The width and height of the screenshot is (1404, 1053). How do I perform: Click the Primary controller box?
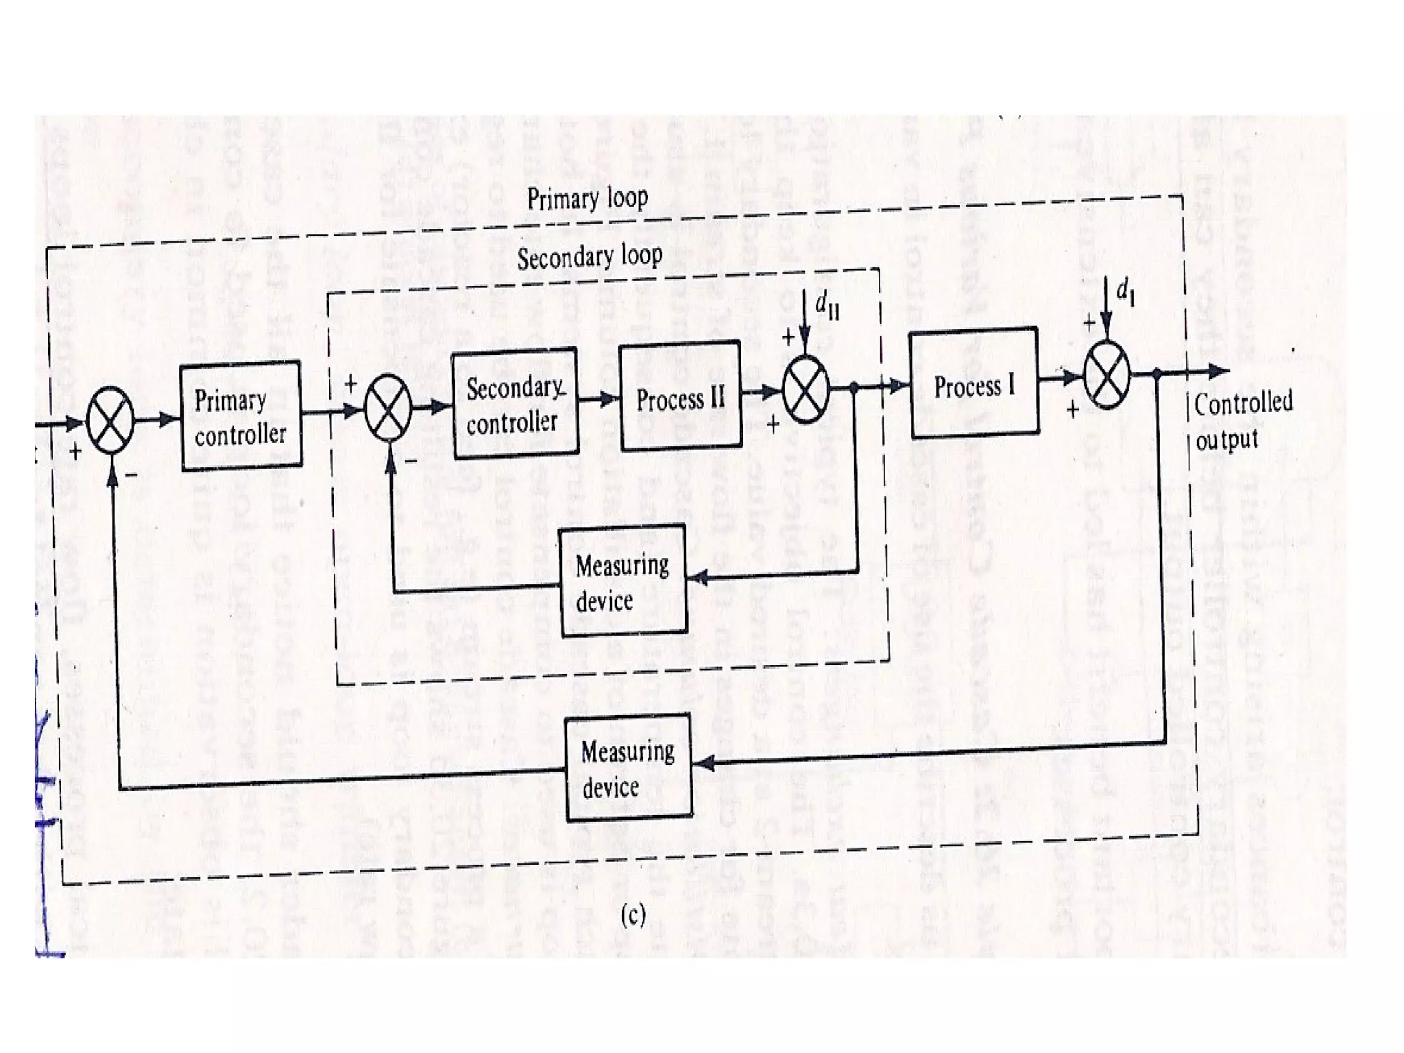(x=241, y=415)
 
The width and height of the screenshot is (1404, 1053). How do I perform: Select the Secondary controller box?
(x=515, y=404)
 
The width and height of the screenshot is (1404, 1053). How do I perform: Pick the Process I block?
(x=973, y=384)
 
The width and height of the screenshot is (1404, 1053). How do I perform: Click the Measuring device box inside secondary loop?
(x=623, y=582)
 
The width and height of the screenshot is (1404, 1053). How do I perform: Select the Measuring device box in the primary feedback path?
(x=629, y=768)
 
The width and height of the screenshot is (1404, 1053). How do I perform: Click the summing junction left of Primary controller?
(x=110, y=420)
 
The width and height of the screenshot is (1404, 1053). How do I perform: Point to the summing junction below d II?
(x=806, y=389)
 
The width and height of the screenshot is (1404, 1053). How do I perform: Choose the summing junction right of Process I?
(x=1106, y=374)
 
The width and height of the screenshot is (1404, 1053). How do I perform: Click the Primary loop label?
(x=588, y=199)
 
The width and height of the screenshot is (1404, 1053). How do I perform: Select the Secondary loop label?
(x=590, y=257)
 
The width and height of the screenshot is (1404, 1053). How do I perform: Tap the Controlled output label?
(x=1242, y=420)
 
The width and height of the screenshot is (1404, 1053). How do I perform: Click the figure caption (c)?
(x=632, y=915)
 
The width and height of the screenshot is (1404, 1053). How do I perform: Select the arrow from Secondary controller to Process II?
(x=598, y=398)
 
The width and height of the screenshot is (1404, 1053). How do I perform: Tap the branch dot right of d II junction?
(x=854, y=388)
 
